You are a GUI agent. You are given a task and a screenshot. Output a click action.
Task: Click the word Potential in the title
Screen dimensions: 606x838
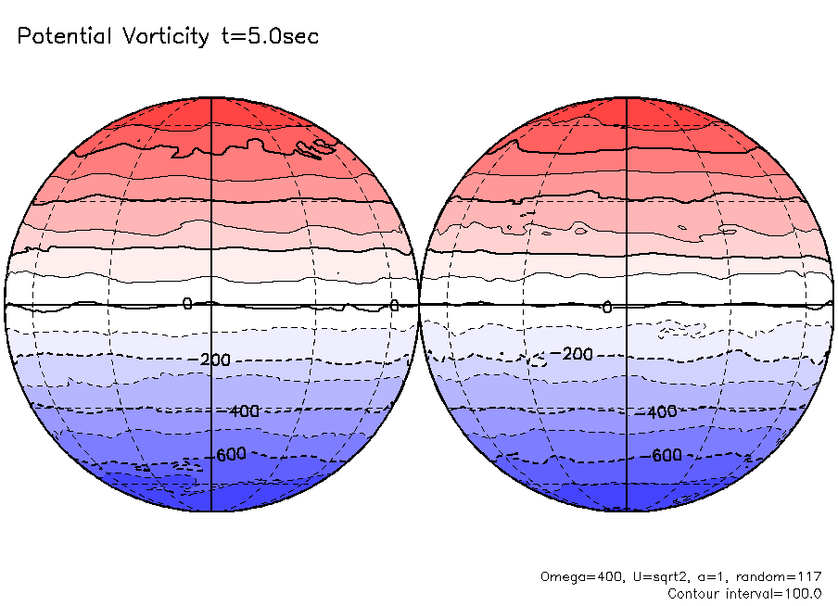62,37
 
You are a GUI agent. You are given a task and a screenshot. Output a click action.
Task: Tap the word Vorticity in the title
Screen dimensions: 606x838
165,37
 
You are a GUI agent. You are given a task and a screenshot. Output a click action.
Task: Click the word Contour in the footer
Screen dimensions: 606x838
694,593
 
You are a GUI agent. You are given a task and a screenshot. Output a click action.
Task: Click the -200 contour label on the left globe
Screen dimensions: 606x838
215,360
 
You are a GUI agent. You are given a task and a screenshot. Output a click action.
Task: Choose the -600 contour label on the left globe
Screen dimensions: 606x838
234,455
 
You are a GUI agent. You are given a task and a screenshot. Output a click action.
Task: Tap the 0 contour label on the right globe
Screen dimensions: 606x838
607,307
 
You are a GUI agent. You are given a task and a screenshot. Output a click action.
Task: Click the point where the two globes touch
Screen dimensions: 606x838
420,304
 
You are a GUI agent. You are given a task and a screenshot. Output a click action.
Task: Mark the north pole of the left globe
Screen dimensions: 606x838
212,97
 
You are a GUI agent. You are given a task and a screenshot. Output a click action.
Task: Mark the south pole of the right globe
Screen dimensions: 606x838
628,511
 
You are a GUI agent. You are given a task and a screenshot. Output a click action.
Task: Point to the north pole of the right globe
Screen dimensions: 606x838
628,97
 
